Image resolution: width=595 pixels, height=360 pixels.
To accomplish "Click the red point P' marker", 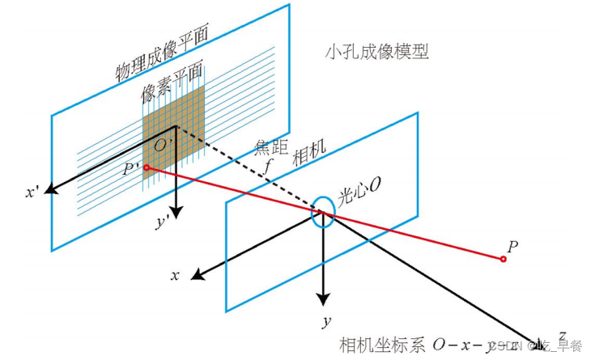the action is click(146, 167).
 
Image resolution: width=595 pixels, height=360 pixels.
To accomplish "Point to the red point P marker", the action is click(504, 259).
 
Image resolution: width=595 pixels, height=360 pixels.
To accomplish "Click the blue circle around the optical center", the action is click(322, 212).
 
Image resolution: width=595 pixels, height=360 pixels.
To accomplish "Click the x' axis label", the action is click(32, 194).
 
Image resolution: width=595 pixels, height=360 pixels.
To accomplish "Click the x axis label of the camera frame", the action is click(174, 276).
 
